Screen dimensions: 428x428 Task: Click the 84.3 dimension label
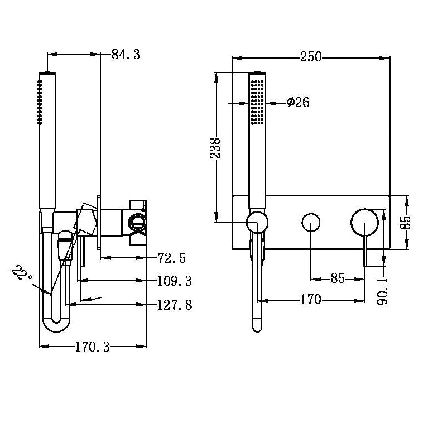pos(126,55)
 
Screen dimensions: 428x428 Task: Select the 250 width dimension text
pos(311,57)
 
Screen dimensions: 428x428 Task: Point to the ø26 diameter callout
pos(298,103)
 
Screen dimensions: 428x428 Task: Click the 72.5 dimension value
pos(172,258)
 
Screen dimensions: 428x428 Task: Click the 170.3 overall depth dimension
pos(92,347)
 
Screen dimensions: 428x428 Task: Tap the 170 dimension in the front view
pos(310,300)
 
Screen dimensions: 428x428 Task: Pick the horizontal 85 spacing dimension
pos(338,278)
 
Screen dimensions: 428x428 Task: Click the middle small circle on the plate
pos(311,223)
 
